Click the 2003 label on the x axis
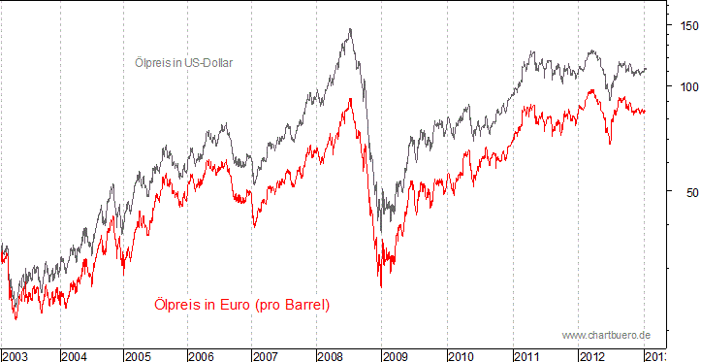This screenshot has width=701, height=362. tap(16, 355)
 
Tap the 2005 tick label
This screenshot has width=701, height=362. tap(139, 355)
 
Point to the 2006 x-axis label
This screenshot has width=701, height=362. tap(202, 355)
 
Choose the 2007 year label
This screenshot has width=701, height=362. tap(267, 355)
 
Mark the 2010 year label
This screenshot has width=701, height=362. tap(462, 355)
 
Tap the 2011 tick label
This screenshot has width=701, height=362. tap(526, 355)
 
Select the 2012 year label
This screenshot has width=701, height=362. tap(591, 355)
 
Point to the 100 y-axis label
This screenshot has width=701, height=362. tap(685, 85)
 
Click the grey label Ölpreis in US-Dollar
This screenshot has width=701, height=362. tap(183, 63)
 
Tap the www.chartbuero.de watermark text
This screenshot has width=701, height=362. tap(606, 335)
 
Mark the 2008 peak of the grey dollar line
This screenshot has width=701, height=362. tap(350, 29)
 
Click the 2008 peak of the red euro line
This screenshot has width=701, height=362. tap(349, 99)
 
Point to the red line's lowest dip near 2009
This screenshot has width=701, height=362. tap(381, 285)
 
